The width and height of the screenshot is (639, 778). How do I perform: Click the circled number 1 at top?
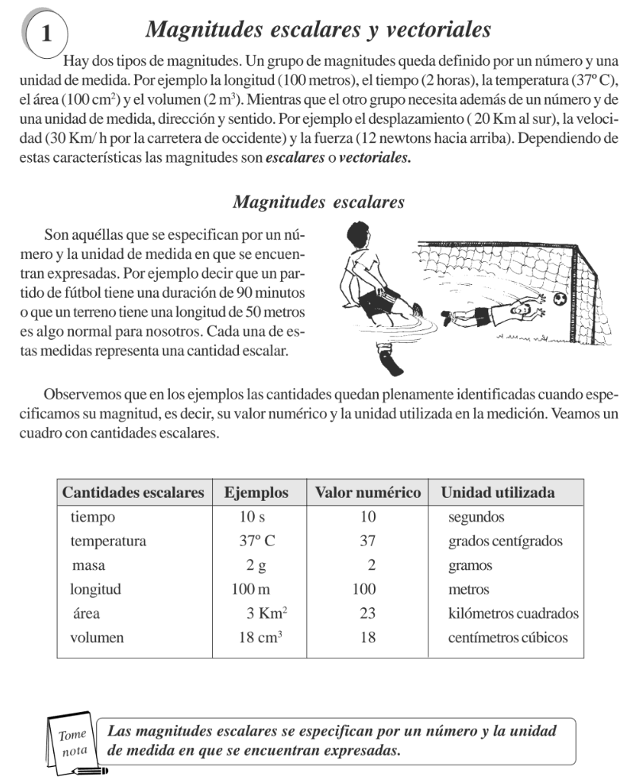pos(46,34)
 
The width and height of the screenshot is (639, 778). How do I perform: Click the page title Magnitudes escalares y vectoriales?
pos(318,30)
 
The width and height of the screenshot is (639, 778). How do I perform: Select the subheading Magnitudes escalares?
pos(318,202)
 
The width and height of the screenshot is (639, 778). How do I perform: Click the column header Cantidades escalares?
pos(133,492)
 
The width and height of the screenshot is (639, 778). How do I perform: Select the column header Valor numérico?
pos(368,492)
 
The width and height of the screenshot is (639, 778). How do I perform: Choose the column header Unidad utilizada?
pos(498,492)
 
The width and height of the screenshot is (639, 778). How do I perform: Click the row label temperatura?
pos(108,541)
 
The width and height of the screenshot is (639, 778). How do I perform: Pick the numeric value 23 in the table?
pos(368,613)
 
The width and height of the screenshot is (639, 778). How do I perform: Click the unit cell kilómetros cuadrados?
pos(513,613)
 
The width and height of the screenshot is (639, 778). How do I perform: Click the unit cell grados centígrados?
pos(505,541)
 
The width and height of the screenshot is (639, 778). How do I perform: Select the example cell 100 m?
pos(250,589)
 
